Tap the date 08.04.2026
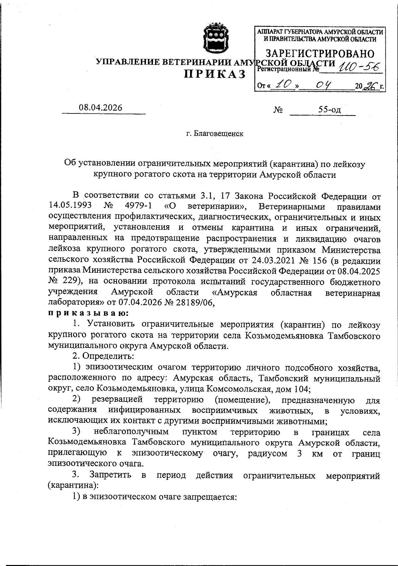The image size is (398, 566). pyautogui.click(x=100, y=108)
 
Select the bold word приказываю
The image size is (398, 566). pyautogui.click(x=89, y=313)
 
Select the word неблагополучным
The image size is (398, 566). pyautogui.click(x=131, y=432)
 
